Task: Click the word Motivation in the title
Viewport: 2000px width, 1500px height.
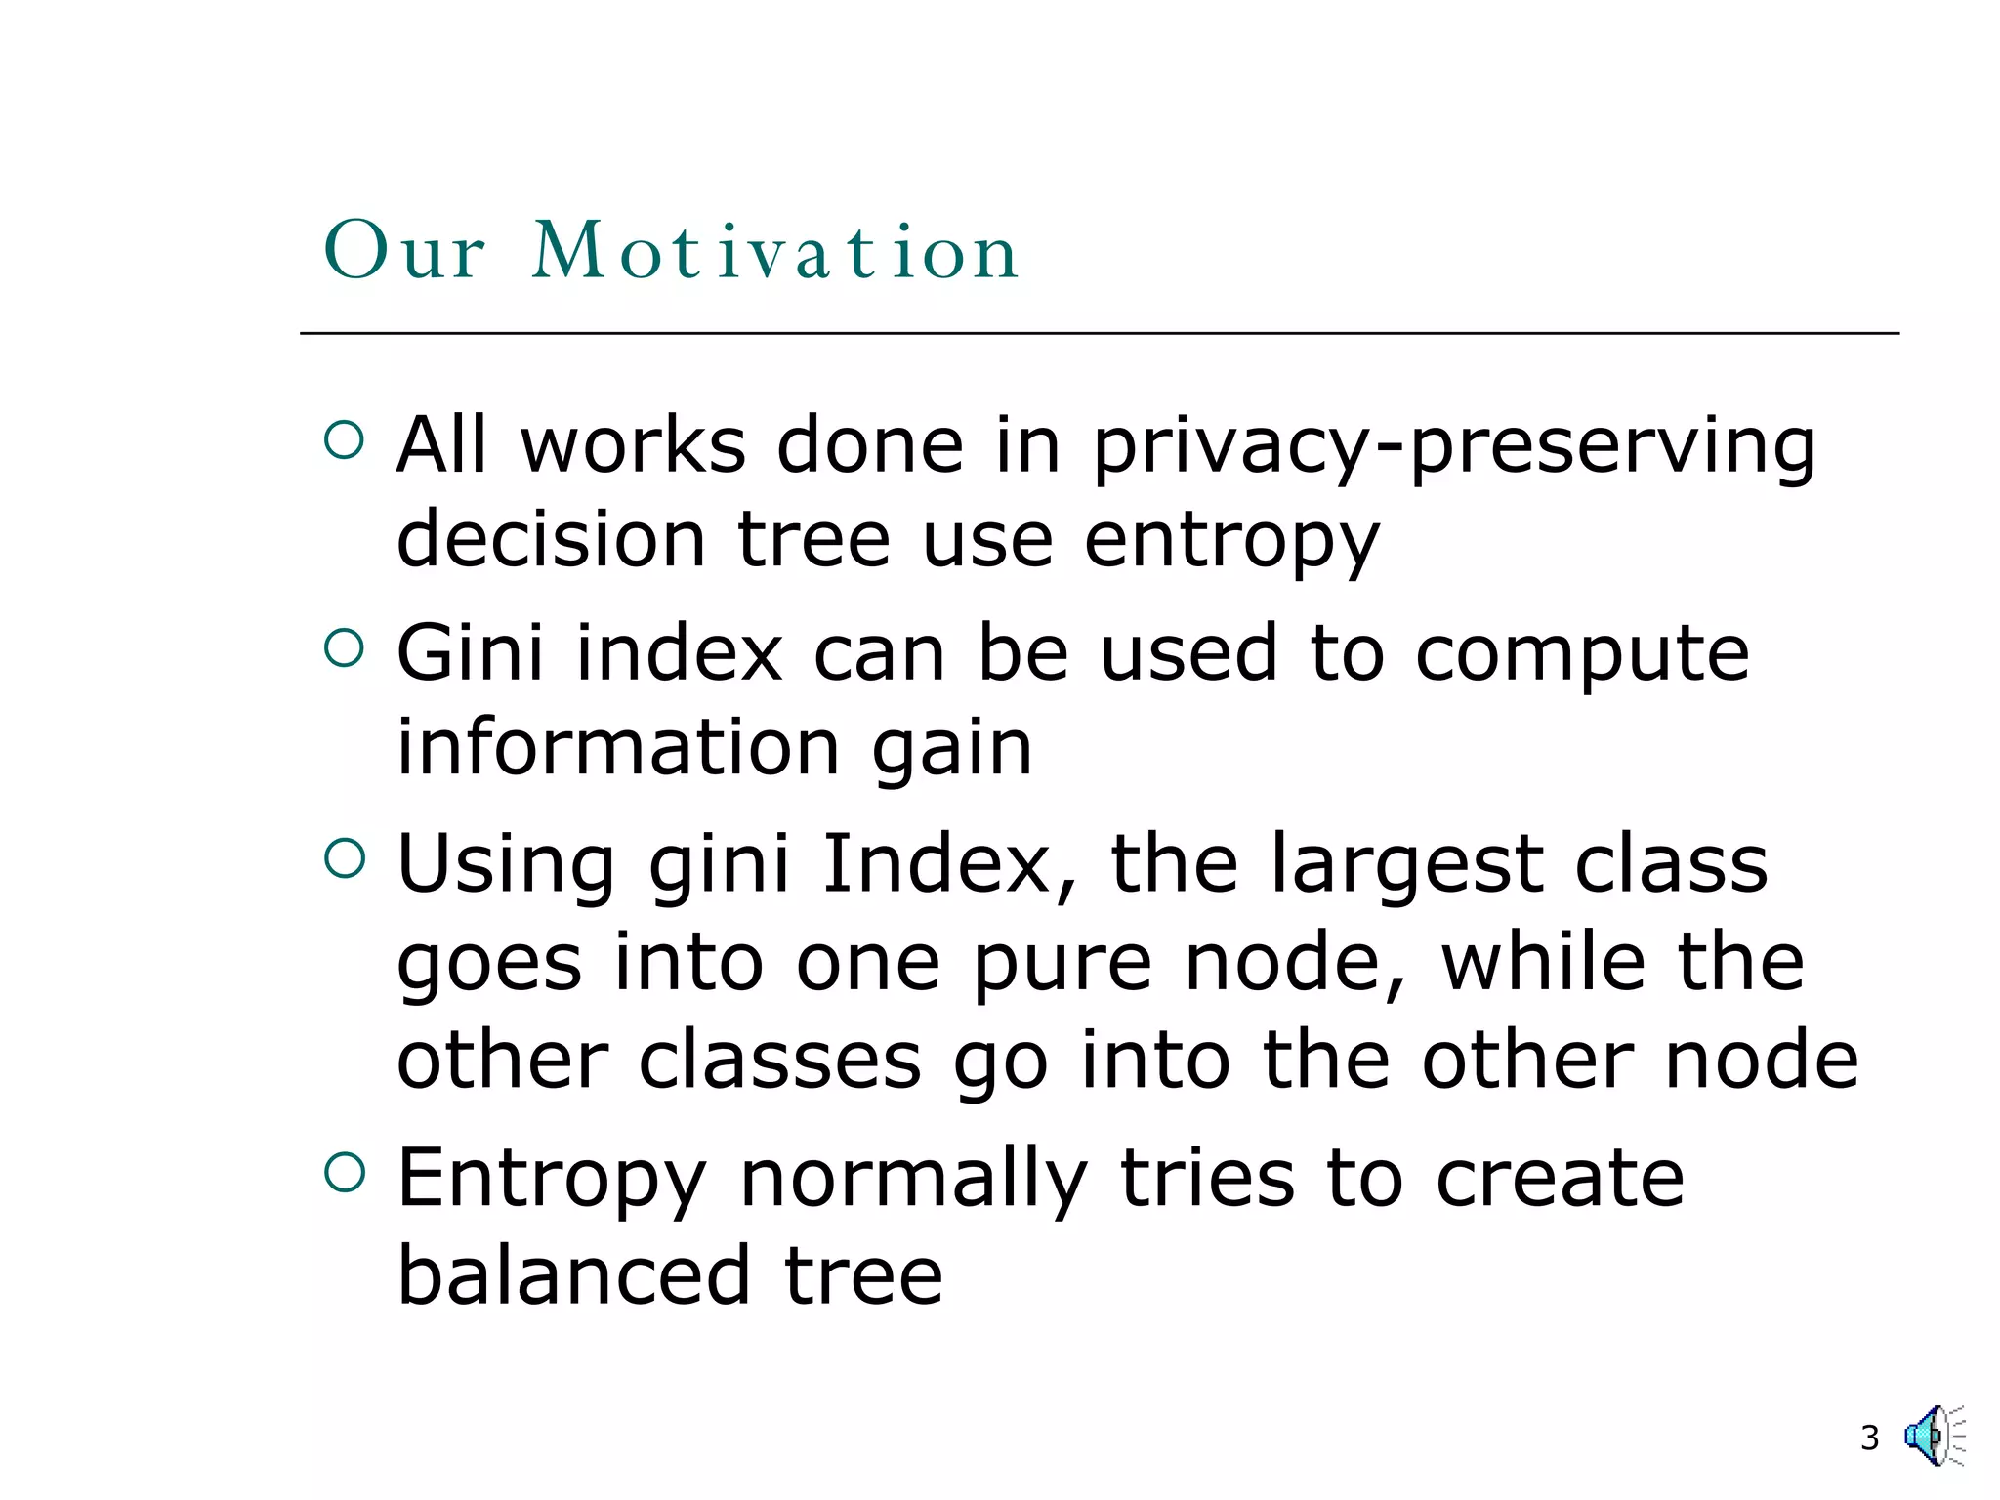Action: [x=775, y=252]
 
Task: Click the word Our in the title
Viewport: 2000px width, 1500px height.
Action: [x=403, y=252]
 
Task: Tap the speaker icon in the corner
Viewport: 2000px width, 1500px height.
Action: [x=1933, y=1436]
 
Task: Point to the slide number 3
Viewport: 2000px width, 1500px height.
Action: [x=1869, y=1437]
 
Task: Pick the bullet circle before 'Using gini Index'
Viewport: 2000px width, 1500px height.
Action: [x=344, y=858]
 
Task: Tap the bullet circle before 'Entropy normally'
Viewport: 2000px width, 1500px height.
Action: [x=344, y=1172]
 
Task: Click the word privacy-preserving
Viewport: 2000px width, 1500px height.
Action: [x=1453, y=447]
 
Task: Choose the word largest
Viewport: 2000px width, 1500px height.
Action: [x=1407, y=867]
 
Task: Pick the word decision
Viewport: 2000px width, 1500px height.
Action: [x=551, y=540]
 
